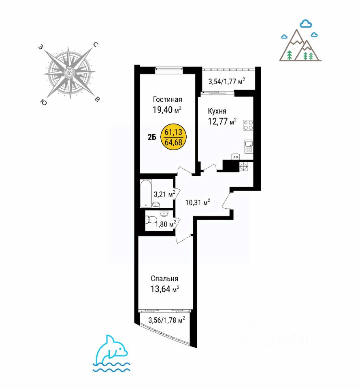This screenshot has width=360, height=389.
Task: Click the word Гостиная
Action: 167,100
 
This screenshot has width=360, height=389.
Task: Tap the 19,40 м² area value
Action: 167,110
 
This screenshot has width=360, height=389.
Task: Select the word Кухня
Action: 217,111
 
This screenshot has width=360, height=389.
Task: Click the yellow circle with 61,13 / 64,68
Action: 174,137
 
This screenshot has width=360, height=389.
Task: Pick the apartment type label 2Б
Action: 152,137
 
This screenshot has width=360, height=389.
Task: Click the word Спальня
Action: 164,279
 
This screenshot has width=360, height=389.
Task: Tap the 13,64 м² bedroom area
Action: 165,289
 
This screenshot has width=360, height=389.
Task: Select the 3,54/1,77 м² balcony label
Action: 227,81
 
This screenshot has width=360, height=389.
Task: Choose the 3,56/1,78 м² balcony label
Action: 166,320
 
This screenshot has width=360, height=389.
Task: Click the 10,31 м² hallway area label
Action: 198,203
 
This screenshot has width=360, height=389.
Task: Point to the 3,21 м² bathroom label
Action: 164,194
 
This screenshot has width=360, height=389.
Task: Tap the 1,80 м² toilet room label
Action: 165,224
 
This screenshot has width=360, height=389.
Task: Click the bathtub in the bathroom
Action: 146,193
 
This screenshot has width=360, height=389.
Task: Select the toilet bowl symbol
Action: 150,220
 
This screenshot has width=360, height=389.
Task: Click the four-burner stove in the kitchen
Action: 248,125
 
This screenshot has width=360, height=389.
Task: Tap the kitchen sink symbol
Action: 249,146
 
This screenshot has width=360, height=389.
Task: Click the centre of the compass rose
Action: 69,73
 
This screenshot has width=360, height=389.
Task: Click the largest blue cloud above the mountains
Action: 306,24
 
